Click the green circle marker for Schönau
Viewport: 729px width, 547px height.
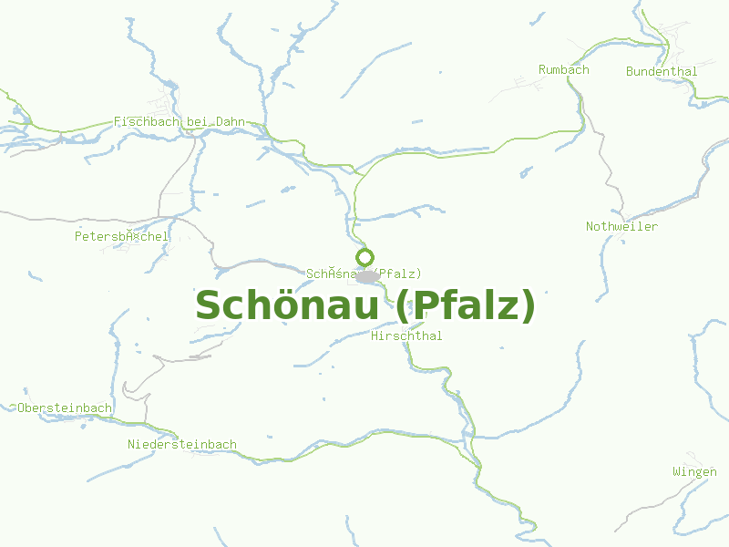[x=364, y=257]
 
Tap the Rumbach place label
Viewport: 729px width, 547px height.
[x=563, y=69]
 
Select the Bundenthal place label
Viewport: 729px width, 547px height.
[x=662, y=71]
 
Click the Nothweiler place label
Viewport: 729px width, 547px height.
[x=621, y=226]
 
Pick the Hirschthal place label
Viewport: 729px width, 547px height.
[x=406, y=335]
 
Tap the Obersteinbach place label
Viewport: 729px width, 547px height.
[x=64, y=408]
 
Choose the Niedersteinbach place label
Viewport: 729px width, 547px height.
[x=182, y=444]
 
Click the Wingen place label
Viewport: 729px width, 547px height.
[x=694, y=471]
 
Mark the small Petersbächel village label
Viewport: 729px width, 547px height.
[x=121, y=236]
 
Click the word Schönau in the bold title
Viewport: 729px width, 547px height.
[x=287, y=305]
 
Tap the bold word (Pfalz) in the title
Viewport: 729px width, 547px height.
[x=465, y=305]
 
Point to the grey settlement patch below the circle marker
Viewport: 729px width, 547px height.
[x=367, y=276]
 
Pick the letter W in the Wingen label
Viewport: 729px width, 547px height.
[x=676, y=471]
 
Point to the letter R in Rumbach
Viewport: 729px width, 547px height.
[x=542, y=69]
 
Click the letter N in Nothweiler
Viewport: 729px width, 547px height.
[x=590, y=226]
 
